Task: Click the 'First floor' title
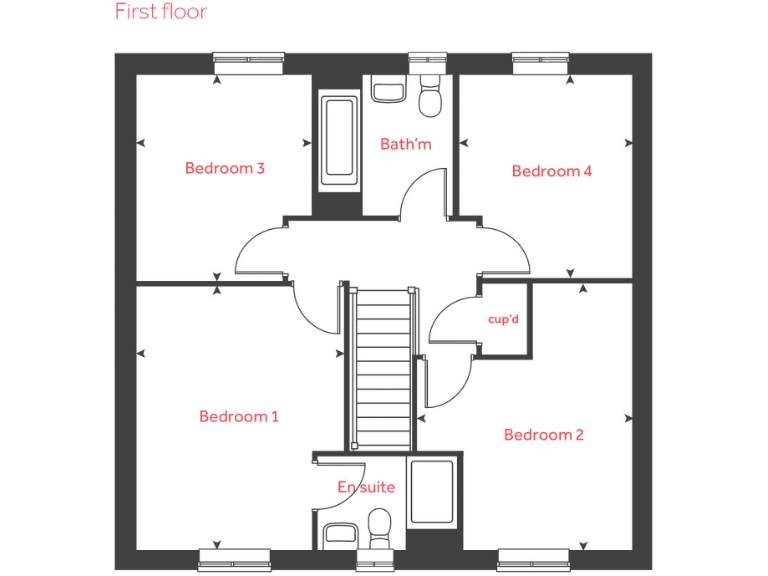tap(160, 12)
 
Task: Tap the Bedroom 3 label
tap(224, 168)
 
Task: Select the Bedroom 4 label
tap(551, 171)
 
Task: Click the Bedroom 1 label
tap(238, 416)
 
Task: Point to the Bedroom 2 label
tap(543, 435)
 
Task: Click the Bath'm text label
tap(405, 144)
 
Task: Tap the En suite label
tap(365, 488)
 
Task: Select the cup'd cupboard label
tap(502, 320)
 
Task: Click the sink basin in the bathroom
tap(388, 90)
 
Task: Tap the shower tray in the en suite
tap(432, 493)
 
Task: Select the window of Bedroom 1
tap(234, 556)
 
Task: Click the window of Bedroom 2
tap(527, 556)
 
